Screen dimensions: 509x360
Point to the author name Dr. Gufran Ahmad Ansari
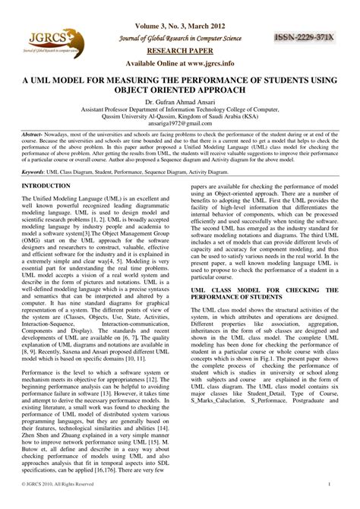pyautogui.click(x=179, y=101)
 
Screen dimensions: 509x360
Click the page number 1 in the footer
pyautogui.click(x=328, y=504)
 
